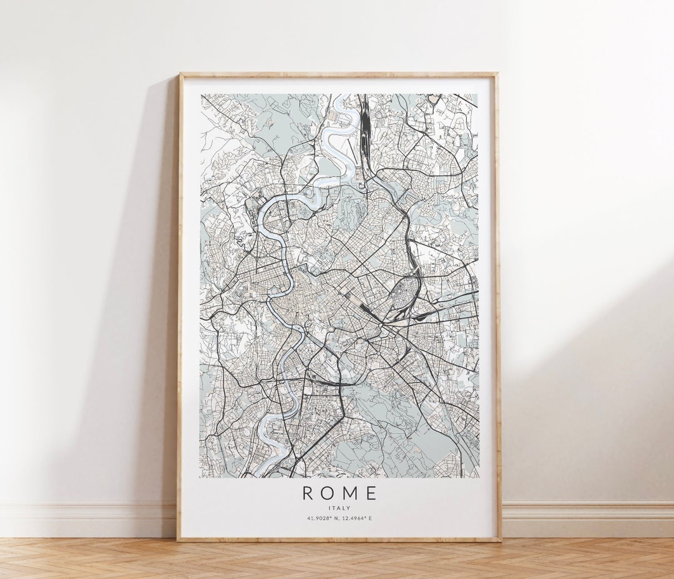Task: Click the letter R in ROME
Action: [308, 493]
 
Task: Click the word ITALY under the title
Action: [339, 507]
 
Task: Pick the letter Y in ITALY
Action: [350, 507]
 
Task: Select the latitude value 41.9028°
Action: [320, 518]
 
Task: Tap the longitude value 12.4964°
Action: [356, 518]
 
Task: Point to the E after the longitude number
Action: [371, 518]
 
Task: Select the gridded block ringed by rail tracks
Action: [403, 294]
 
